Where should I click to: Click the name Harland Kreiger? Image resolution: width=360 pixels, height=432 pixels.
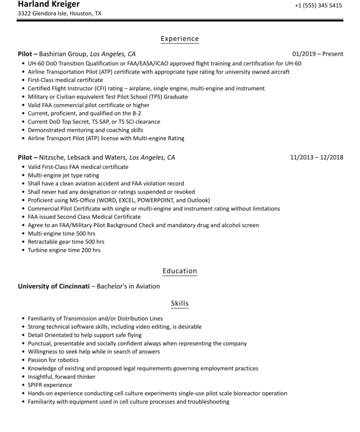[48, 4]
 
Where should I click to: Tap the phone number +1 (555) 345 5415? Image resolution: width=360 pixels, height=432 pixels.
[318, 6]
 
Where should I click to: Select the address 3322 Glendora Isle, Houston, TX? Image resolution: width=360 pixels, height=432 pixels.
[60, 14]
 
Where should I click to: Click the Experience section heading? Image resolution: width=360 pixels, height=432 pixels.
[180, 39]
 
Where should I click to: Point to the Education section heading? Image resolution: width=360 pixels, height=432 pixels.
[180, 271]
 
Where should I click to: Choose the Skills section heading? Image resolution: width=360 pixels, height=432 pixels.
[180, 303]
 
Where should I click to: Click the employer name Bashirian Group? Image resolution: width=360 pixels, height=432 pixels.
[63, 54]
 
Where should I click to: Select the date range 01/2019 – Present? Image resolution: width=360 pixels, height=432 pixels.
[318, 54]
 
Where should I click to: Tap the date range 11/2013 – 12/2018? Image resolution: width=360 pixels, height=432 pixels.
[317, 157]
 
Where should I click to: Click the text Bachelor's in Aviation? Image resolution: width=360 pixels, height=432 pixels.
[129, 287]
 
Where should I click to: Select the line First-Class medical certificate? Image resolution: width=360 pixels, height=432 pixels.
[65, 80]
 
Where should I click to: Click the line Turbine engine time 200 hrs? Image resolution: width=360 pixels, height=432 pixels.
[64, 250]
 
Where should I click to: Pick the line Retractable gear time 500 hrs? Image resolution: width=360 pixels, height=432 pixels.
[66, 242]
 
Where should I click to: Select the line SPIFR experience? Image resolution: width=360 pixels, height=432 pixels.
[50, 385]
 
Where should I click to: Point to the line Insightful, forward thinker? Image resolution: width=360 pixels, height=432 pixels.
[61, 377]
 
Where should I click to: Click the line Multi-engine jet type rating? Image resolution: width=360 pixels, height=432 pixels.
[64, 175]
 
